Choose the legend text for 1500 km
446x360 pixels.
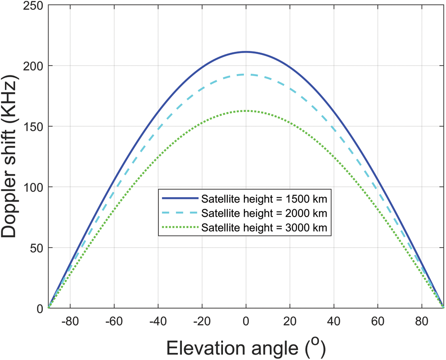click(265, 198)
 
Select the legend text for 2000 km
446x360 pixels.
click(265, 212)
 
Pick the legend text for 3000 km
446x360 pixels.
click(265, 227)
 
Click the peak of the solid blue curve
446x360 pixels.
click(246, 52)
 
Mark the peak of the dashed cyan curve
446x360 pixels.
click(246, 74)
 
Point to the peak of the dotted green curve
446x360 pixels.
click(246, 111)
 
